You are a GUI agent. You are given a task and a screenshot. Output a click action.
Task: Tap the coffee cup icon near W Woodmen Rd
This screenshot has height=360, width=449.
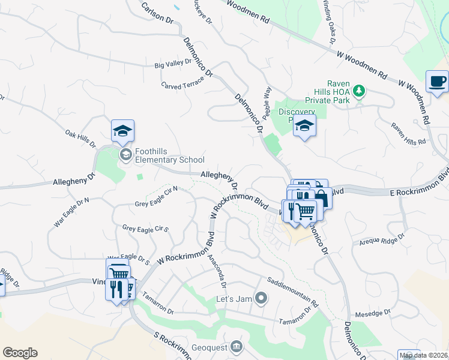coord(437,81)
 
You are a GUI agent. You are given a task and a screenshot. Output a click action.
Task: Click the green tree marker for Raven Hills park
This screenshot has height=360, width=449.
coord(359,91)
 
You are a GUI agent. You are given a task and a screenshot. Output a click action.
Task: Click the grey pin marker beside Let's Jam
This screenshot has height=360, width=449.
coord(261,298)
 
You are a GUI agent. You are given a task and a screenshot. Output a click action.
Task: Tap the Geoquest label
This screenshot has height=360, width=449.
coord(209,346)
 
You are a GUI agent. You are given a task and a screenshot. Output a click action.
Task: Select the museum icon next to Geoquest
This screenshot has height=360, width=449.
coord(236,346)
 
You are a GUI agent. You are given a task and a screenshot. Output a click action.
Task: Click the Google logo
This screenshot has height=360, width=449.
coord(20,353)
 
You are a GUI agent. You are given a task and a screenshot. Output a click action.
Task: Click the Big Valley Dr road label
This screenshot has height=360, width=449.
coord(173,63)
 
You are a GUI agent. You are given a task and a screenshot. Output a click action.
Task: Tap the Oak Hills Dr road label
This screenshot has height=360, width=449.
coord(80,138)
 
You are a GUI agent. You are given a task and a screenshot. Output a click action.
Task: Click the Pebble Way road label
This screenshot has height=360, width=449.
coord(268,99)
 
